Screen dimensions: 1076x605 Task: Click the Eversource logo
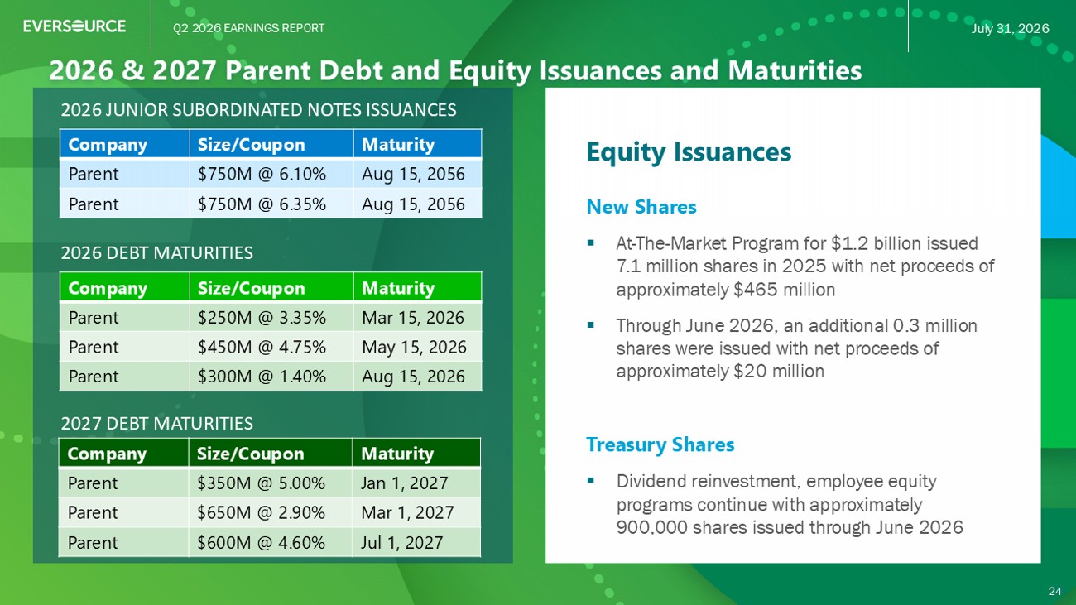click(x=74, y=26)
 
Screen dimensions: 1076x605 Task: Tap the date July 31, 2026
click(x=1010, y=28)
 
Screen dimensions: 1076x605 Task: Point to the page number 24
click(x=1054, y=591)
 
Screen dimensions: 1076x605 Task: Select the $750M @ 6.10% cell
click(x=262, y=174)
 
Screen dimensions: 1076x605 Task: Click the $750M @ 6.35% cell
click(x=262, y=204)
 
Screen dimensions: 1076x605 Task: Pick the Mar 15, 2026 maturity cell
click(x=413, y=317)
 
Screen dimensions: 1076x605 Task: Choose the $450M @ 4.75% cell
click(x=262, y=347)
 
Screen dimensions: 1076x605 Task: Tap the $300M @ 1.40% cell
click(x=262, y=376)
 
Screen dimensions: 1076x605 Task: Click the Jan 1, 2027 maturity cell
click(x=405, y=483)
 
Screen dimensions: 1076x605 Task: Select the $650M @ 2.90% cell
click(x=261, y=512)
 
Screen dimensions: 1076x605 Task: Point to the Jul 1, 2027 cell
click(x=401, y=542)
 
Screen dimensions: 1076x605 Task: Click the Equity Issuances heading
click(x=689, y=152)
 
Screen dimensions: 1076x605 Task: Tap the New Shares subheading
click(x=641, y=207)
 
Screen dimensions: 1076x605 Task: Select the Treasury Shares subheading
click(x=660, y=444)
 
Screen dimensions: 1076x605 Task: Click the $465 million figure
click(x=785, y=290)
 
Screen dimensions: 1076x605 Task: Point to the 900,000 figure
click(x=651, y=527)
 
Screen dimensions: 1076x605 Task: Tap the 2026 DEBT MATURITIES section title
click(x=156, y=252)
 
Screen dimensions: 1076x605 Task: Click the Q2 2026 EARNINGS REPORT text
click(x=249, y=28)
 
